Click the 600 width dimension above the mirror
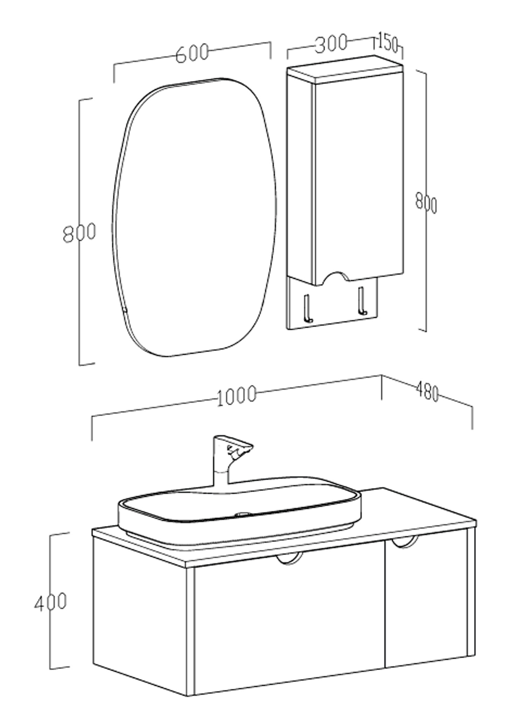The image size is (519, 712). click(x=192, y=53)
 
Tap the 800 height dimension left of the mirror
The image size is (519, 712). click(x=79, y=233)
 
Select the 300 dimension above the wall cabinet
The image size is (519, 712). click(x=331, y=43)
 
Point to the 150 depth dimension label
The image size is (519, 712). click(x=387, y=43)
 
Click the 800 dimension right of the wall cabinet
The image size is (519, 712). click(x=426, y=202)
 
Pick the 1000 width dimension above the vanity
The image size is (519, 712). click(x=237, y=396)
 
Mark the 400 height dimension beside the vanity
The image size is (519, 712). click(x=50, y=602)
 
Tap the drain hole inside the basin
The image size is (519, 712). click(x=243, y=514)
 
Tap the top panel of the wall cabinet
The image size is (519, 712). click(x=345, y=69)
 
